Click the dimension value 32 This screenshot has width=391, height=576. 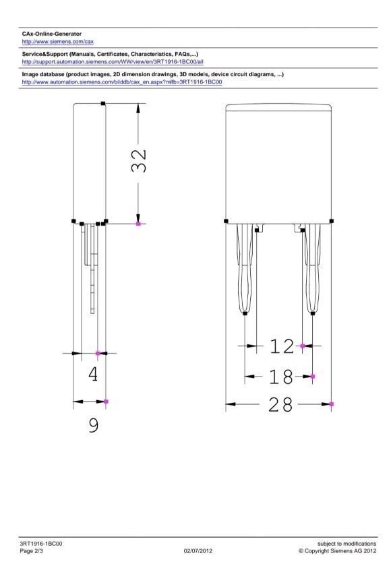click(x=139, y=161)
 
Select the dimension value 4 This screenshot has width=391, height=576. click(x=93, y=374)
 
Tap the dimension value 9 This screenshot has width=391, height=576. click(x=94, y=424)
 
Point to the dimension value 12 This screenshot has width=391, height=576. click(x=282, y=346)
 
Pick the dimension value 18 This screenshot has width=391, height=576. click(x=281, y=377)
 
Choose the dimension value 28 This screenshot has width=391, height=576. click(x=280, y=404)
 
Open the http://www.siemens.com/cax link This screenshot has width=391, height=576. click(x=58, y=42)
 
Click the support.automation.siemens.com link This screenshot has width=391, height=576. click(x=113, y=62)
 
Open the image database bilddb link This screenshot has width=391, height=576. click(x=122, y=82)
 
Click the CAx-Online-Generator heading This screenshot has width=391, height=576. click(x=52, y=34)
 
